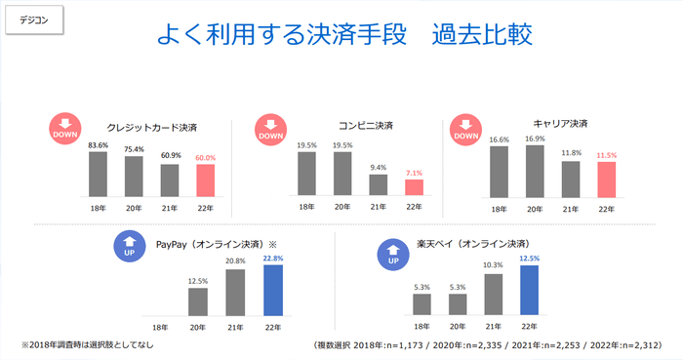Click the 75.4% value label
tap(134, 149)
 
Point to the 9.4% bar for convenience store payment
tap(378, 184)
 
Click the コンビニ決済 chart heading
tap(366, 126)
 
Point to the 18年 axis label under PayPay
tap(162, 325)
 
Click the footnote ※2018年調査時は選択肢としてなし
tap(87, 345)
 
